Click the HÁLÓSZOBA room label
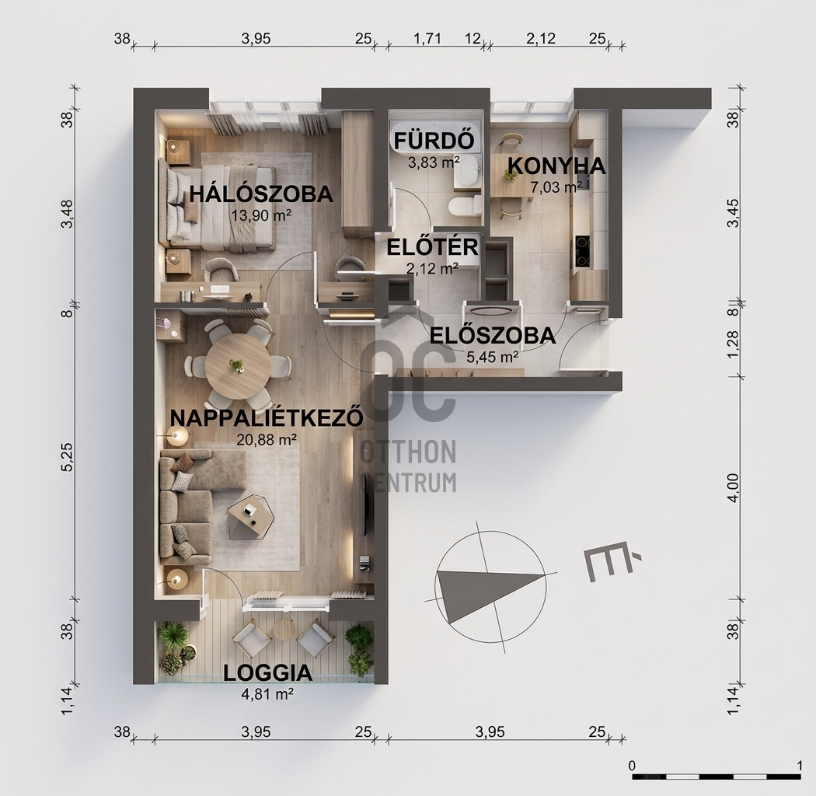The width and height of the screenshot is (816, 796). pos(261,194)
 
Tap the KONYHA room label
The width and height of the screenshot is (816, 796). pos(556,166)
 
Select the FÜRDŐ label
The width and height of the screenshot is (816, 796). pos(434,141)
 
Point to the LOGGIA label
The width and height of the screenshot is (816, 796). pos(268,673)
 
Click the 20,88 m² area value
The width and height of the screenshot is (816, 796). pos(267,439)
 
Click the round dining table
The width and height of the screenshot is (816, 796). pos(238,366)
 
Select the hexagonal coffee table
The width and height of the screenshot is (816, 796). pos(251,516)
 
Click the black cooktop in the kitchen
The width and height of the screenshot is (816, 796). pos(583,251)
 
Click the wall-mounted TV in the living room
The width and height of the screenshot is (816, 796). pos(366,505)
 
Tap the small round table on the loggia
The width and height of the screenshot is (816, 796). pos(284,630)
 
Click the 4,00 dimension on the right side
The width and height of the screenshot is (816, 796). pos(733,488)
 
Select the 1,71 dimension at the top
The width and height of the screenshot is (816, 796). pos(427,39)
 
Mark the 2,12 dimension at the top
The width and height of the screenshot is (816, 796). pos(541,39)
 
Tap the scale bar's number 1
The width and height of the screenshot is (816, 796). pos(800,766)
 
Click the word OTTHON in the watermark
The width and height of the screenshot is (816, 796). pos(408,452)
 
